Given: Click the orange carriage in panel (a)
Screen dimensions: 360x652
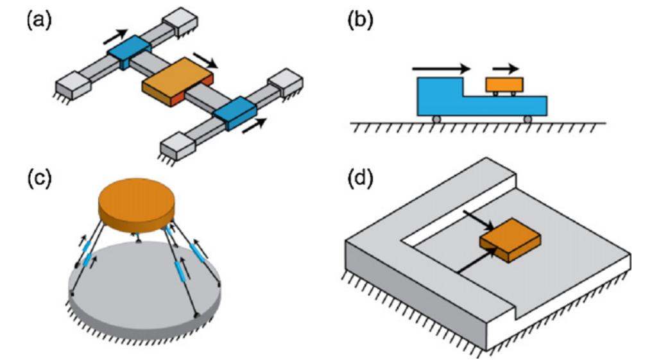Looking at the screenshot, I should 178,81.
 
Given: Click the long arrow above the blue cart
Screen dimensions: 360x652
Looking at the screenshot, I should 442,67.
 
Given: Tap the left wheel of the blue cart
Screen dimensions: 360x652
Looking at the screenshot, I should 435,119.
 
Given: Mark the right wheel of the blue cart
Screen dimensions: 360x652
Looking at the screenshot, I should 528,119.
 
